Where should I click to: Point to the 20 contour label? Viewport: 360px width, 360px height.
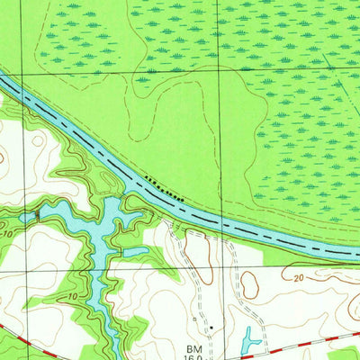[x=298, y=278]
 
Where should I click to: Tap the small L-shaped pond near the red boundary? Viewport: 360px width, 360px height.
[x=248, y=339]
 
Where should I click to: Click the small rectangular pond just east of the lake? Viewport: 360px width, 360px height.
[x=135, y=253]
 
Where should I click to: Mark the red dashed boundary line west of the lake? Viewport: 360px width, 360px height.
[x=22, y=330]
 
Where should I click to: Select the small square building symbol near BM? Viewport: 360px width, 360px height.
[x=193, y=318]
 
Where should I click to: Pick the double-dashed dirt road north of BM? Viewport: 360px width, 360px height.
[x=193, y=270]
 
